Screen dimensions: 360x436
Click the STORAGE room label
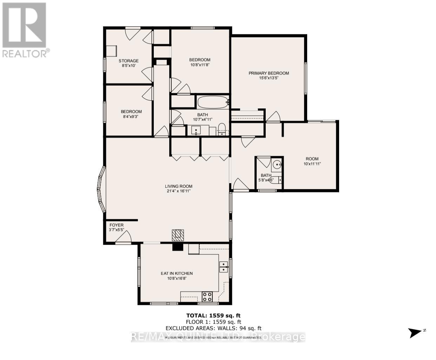coord(128,61)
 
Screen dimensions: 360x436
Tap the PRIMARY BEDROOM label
coord(269,73)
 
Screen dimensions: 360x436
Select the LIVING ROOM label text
coord(179,186)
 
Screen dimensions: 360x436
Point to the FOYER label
coord(116,225)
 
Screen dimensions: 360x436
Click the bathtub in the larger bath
coord(213,102)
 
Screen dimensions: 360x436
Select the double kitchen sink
coord(224,267)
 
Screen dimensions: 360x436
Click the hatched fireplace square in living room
coord(178,235)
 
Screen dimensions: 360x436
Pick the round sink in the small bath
coord(277,164)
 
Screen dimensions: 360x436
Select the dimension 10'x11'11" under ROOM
coord(312,164)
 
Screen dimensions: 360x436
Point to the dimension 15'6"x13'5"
coord(269,78)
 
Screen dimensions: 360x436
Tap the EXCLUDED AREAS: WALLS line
coord(213,328)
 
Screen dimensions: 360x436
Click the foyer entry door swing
coord(124,238)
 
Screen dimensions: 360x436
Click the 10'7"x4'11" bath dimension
coord(203,120)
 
